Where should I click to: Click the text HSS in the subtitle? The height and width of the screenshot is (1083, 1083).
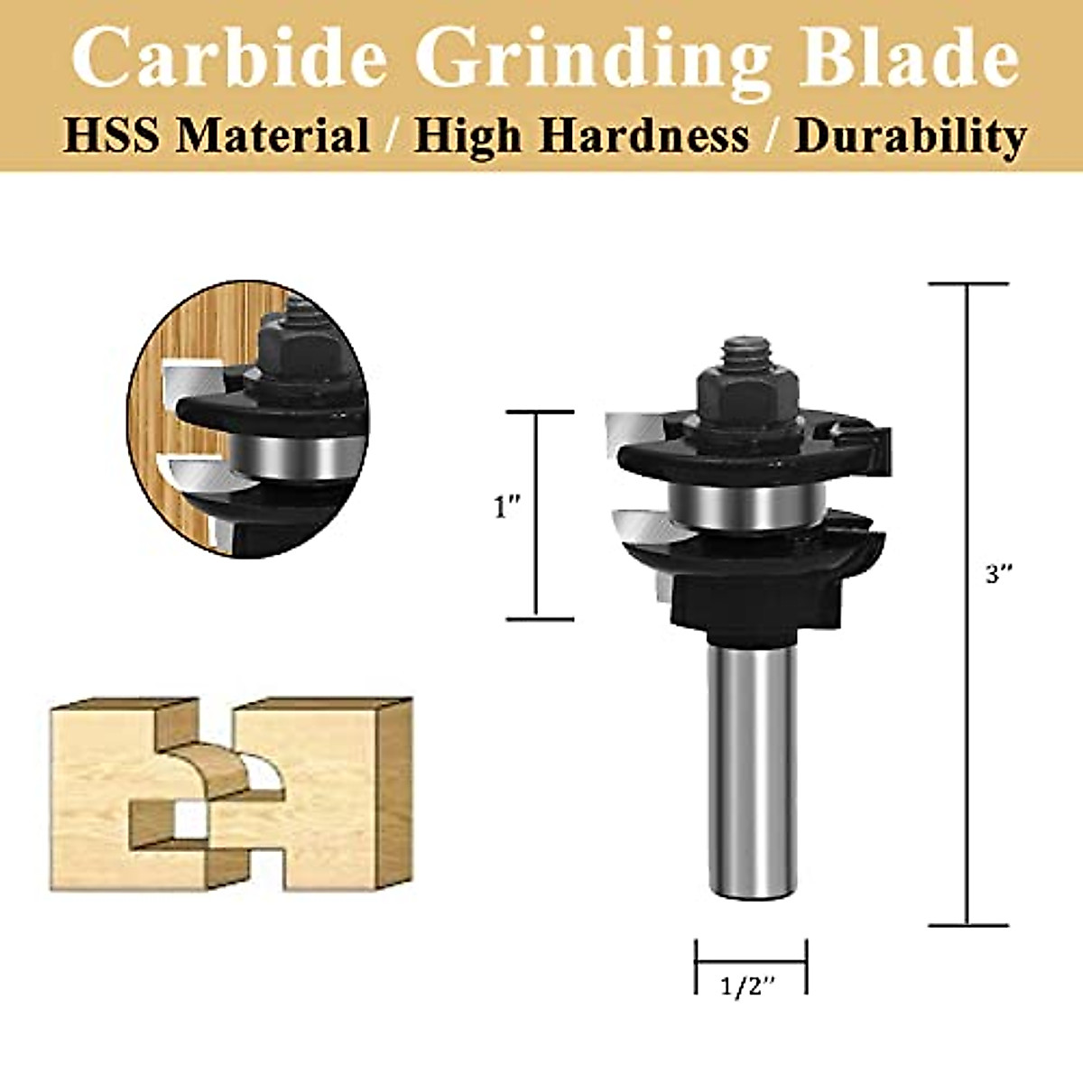click(113, 136)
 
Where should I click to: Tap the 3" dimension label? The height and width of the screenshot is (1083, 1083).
click(999, 574)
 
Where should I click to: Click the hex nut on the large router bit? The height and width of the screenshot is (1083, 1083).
click(746, 394)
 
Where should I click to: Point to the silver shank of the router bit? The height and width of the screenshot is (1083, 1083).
click(752, 767)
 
